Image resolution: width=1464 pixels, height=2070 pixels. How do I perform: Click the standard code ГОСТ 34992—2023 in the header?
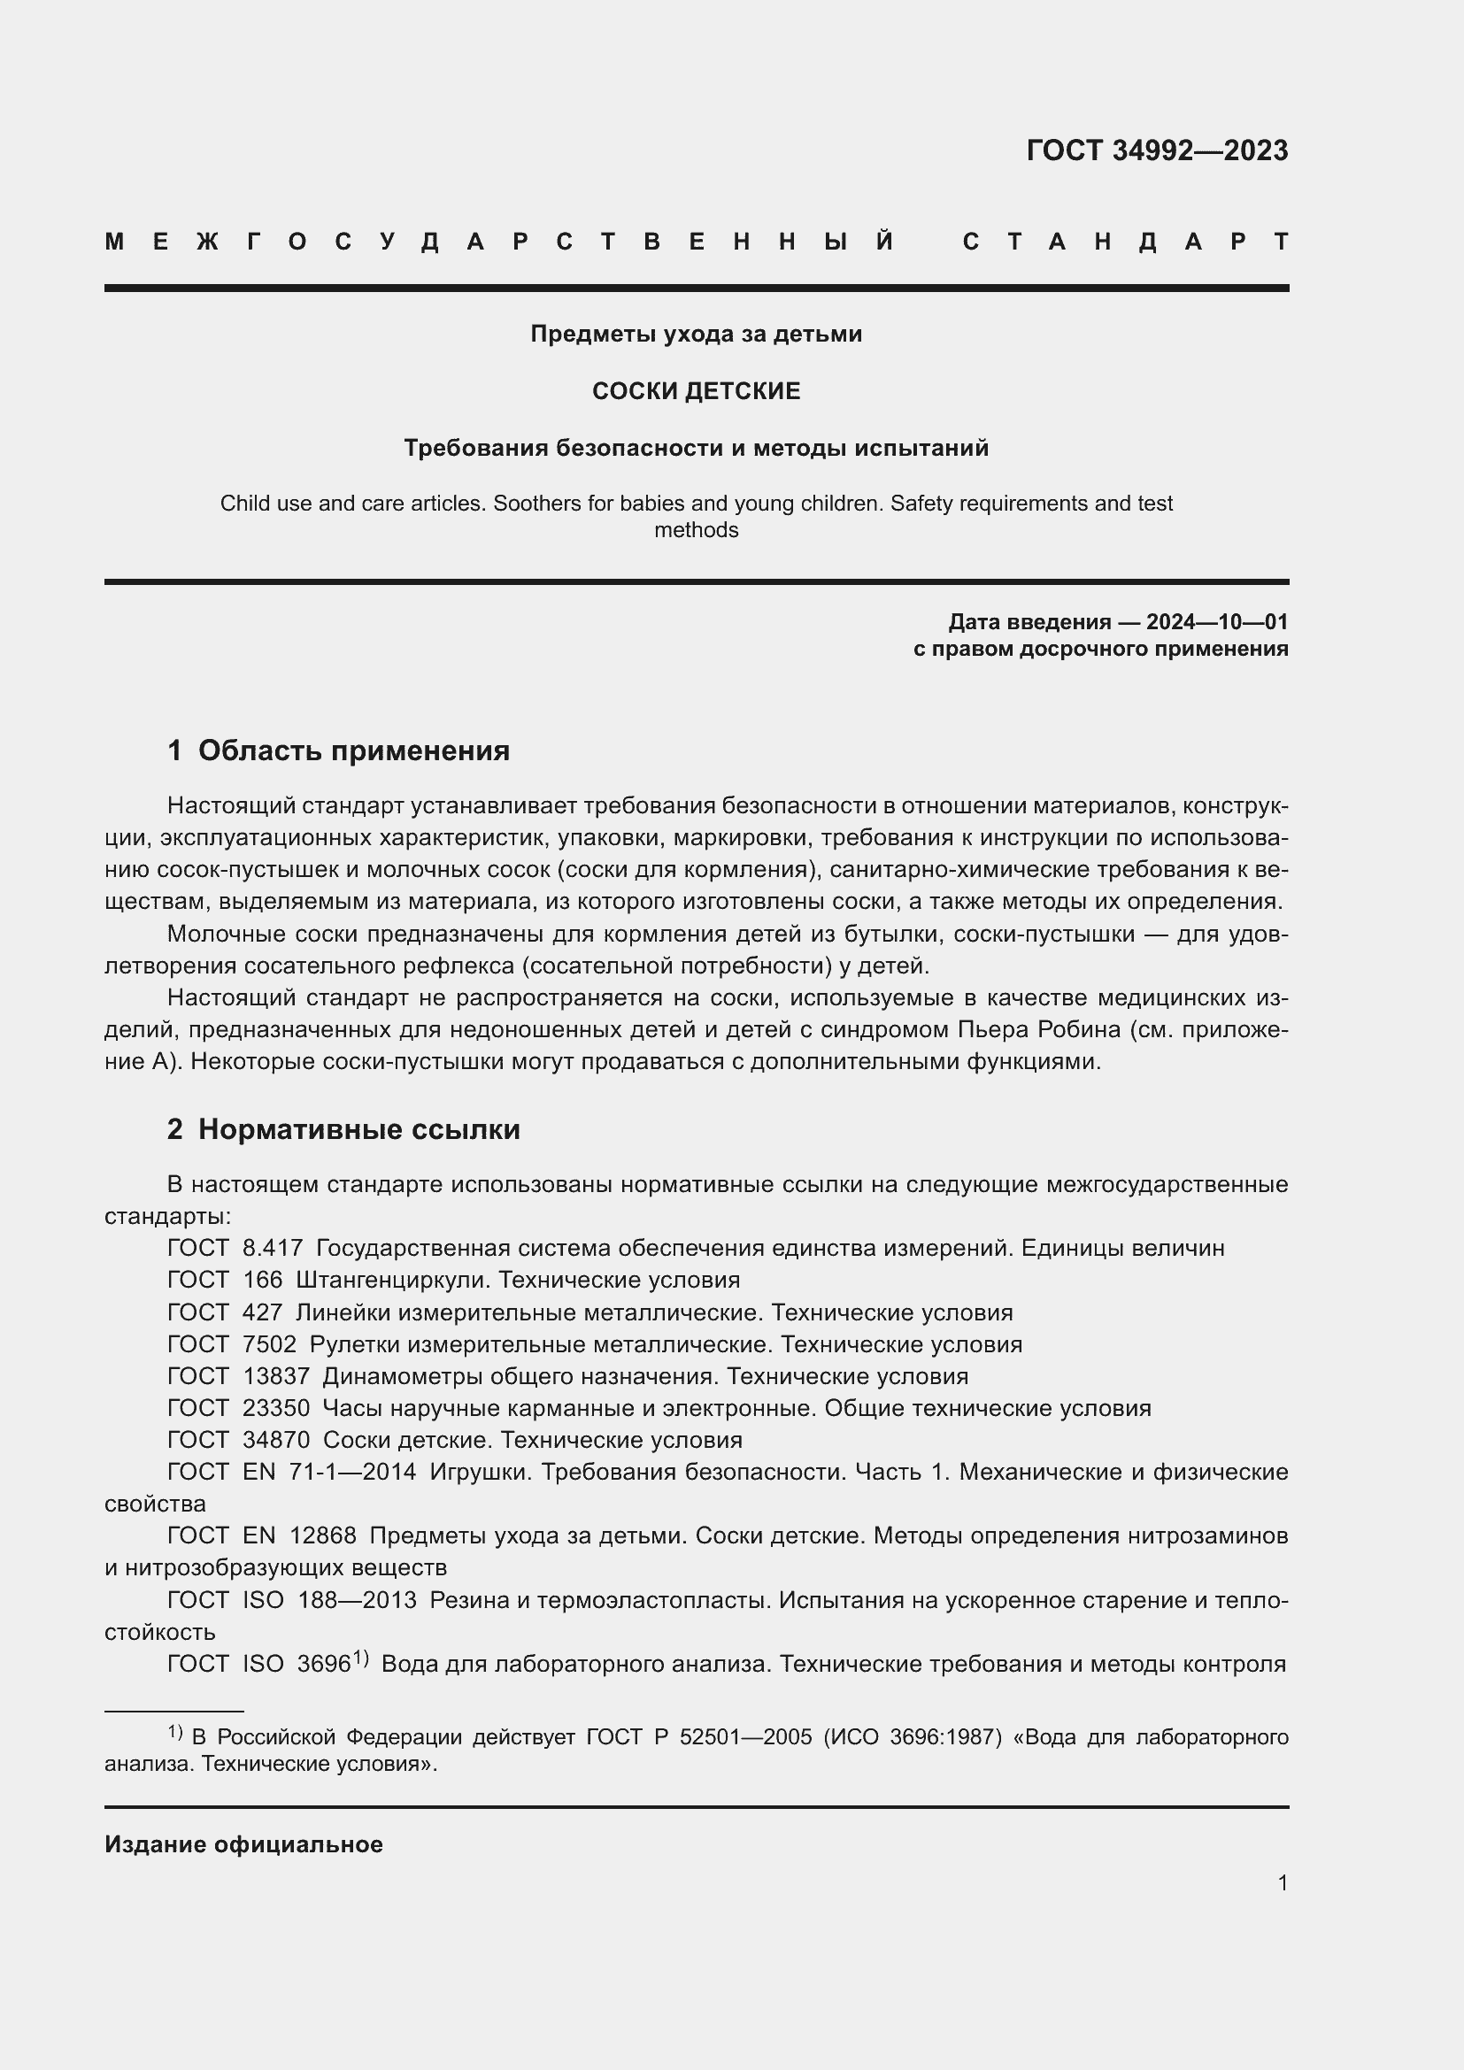click(1157, 150)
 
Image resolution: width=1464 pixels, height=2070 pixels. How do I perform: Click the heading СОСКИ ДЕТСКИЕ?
click(696, 390)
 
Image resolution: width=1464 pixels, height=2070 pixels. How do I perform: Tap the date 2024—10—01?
click(1216, 621)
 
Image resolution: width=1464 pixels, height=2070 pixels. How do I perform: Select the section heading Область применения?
click(353, 750)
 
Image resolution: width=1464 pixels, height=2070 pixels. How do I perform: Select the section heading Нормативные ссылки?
click(358, 1128)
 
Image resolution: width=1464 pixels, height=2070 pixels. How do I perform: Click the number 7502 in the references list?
click(270, 1343)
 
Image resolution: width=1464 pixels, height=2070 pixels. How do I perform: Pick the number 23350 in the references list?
click(276, 1407)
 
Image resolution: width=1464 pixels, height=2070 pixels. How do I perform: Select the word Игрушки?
click(478, 1472)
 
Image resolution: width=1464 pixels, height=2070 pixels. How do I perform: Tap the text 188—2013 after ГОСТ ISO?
click(357, 1599)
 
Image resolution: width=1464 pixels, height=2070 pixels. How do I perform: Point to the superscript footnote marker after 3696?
click(360, 1657)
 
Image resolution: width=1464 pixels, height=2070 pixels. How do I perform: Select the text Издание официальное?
click(243, 1843)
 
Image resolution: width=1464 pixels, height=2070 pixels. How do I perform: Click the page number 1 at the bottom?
click(1282, 1882)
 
